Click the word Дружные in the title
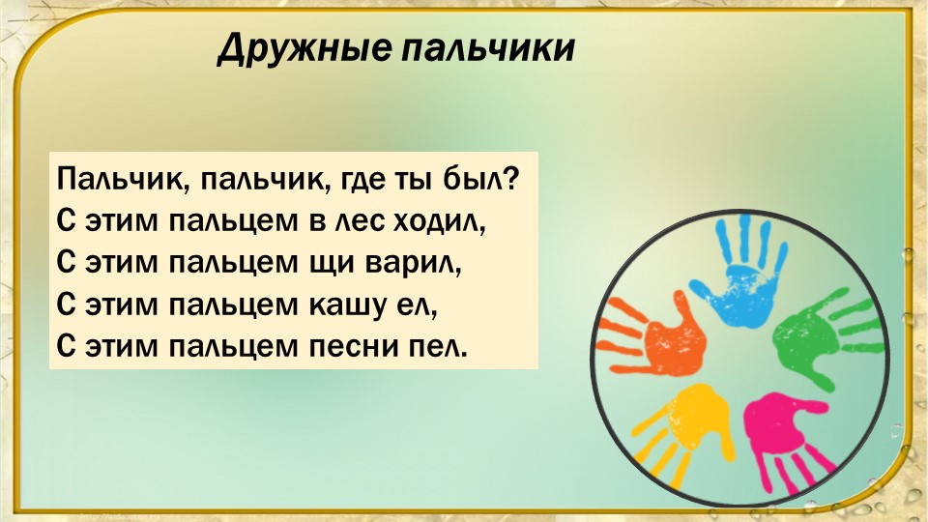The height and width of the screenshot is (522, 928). point(304,48)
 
